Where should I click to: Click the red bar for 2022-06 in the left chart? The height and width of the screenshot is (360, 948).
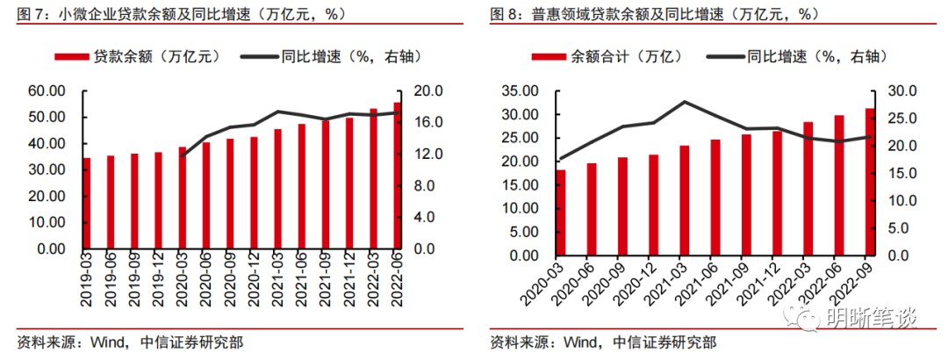397,176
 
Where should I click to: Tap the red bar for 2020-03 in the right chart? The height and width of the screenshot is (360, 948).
561,212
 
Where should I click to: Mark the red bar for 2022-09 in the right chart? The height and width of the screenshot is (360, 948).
870,182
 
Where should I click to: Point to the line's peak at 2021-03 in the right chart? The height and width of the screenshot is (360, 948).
684,102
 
